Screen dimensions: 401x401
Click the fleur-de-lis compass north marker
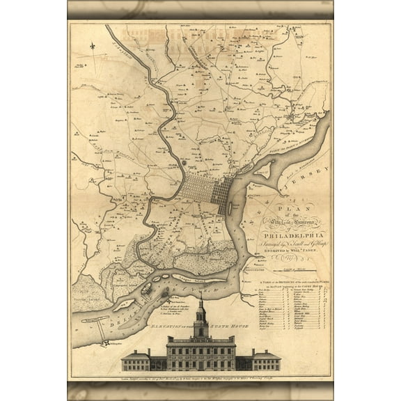click(x=91, y=46)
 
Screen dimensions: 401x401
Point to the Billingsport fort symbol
click(x=105, y=343)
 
